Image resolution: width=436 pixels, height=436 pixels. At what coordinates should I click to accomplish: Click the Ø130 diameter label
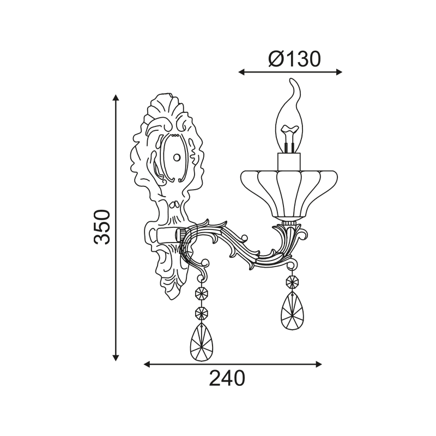(294, 59)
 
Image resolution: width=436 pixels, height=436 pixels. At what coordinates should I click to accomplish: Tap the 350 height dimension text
(102, 227)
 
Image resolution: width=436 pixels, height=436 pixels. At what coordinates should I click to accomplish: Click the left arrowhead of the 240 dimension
(147, 364)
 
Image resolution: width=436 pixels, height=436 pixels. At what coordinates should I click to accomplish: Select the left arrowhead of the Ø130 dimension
(241, 72)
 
